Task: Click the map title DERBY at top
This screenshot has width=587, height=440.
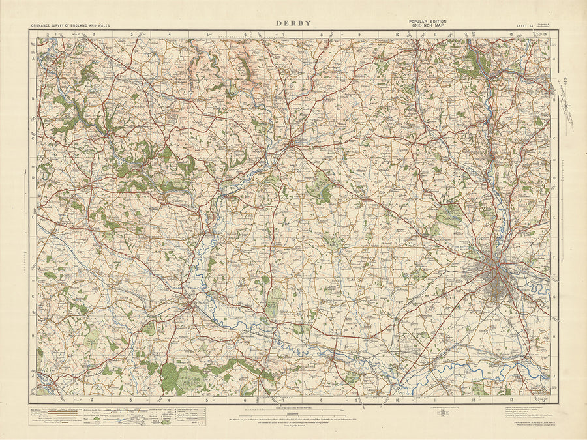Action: (x=293, y=23)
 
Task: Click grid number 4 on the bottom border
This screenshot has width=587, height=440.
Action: (x=170, y=400)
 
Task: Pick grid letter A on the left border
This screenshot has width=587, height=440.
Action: (x=33, y=57)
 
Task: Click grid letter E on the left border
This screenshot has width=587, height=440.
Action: (x=33, y=218)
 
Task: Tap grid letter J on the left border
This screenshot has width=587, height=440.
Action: (x=33, y=376)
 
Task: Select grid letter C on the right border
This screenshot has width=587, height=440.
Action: (x=555, y=138)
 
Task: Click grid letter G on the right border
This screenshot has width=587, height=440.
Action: (x=555, y=297)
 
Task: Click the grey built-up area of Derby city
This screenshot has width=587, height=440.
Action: (x=499, y=280)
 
